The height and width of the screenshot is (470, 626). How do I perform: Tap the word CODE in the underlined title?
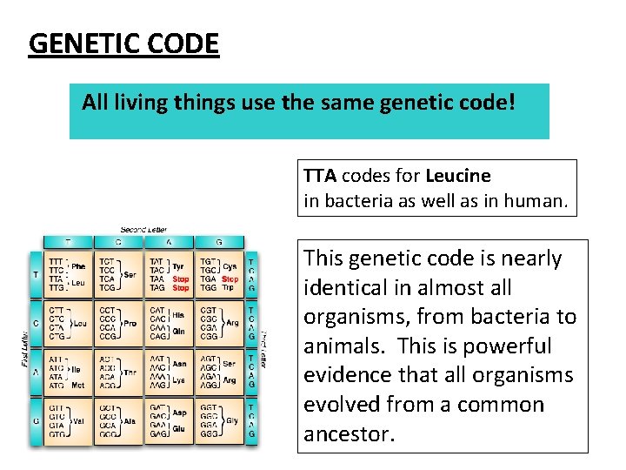coord(183,44)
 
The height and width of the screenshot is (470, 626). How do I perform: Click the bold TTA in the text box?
coord(320,176)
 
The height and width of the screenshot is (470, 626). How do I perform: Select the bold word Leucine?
coord(458,176)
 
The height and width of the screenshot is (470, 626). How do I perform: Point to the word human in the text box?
coord(541,202)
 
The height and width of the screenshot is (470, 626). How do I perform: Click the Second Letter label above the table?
coord(143,229)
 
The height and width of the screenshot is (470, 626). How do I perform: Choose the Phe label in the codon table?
coord(78,266)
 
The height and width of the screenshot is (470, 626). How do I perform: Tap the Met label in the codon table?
coord(77,384)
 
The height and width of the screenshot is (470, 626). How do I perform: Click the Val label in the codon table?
coord(78,420)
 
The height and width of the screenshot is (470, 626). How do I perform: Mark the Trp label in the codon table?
coord(229,287)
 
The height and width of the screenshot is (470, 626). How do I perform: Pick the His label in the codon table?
coord(179,314)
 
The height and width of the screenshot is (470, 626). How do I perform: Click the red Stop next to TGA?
coord(230,279)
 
